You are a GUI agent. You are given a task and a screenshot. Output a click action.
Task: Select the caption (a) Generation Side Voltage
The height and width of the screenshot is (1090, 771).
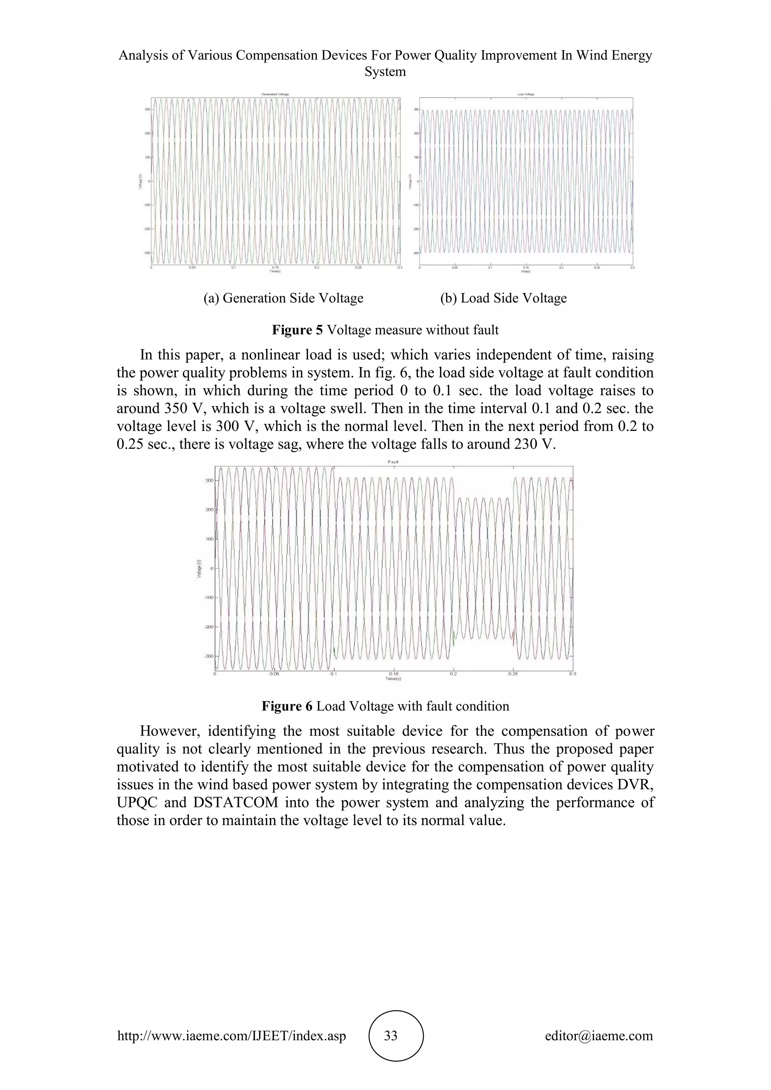pos(283,298)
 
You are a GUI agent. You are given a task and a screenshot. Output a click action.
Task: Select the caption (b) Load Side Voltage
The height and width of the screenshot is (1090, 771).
pos(504,298)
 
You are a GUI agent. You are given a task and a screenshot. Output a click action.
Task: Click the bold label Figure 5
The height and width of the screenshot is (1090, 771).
pos(297,330)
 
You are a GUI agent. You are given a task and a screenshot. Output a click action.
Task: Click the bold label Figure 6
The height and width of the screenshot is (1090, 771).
pos(287,706)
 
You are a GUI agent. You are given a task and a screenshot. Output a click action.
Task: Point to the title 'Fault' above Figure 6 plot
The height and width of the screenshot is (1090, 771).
pos(393,462)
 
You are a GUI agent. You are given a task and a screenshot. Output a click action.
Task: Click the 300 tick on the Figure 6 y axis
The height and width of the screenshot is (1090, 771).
pos(209,480)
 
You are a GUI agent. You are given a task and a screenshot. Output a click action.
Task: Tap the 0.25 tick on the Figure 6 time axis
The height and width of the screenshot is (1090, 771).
pos(513,674)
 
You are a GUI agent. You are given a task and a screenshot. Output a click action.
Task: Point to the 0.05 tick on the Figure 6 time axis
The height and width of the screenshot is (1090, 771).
pos(274,674)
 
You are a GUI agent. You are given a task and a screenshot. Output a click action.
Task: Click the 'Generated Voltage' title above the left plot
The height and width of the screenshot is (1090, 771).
pos(275,94)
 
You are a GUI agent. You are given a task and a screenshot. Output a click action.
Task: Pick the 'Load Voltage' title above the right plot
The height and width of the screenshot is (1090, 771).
pos(526,94)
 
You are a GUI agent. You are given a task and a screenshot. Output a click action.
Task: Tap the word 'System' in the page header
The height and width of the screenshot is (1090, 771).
pos(385,72)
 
